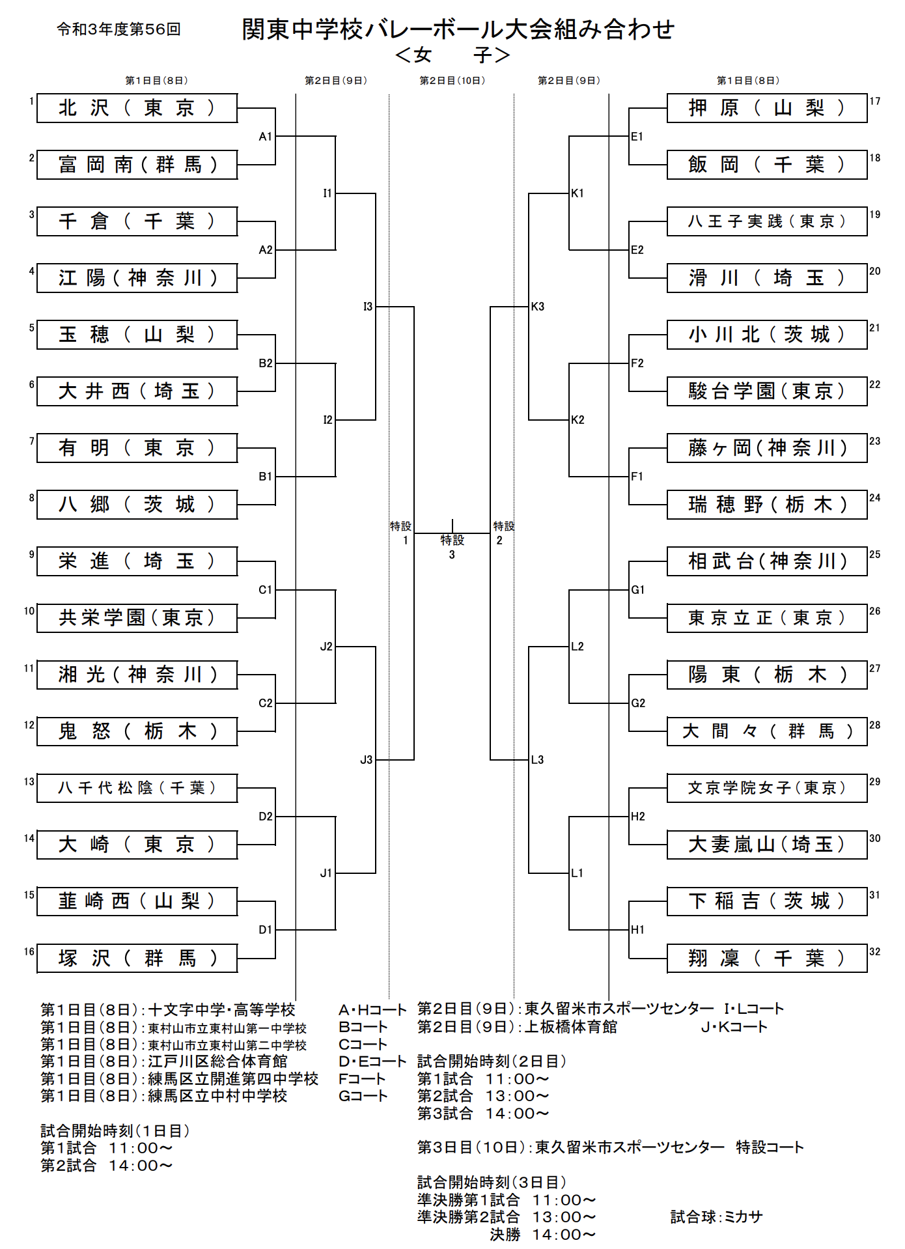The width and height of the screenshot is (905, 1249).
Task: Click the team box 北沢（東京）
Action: coord(137,108)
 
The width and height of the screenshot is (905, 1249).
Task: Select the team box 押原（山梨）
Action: coord(766,108)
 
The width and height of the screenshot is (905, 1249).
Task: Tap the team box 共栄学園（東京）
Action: coord(137,618)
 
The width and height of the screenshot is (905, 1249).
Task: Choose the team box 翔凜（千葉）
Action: coord(766,958)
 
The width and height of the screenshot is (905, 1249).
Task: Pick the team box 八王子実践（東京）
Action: coord(766,221)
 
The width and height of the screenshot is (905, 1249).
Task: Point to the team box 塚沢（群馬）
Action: coord(137,958)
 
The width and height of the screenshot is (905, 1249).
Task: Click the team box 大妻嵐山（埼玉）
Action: coord(766,845)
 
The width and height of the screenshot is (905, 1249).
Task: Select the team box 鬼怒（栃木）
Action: coord(137,731)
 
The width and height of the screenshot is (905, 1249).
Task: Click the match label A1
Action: coord(265,137)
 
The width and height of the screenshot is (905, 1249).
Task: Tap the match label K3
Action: coord(538,307)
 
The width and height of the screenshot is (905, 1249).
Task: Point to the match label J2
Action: coord(326,647)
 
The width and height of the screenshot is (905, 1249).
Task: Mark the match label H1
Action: coord(637,930)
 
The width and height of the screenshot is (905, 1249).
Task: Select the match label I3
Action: coord(368,307)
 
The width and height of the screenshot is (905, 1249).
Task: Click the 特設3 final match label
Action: coord(452,547)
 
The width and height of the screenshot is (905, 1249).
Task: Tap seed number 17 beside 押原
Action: coord(875,101)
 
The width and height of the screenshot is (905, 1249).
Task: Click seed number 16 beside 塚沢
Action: coord(29,951)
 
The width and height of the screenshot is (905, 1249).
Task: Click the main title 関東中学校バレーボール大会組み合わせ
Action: coord(458,29)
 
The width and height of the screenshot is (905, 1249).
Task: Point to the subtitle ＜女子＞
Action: coord(452,55)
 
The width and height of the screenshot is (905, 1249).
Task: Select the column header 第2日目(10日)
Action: coord(452,81)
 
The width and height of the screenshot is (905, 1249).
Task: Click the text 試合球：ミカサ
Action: coord(716,1216)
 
